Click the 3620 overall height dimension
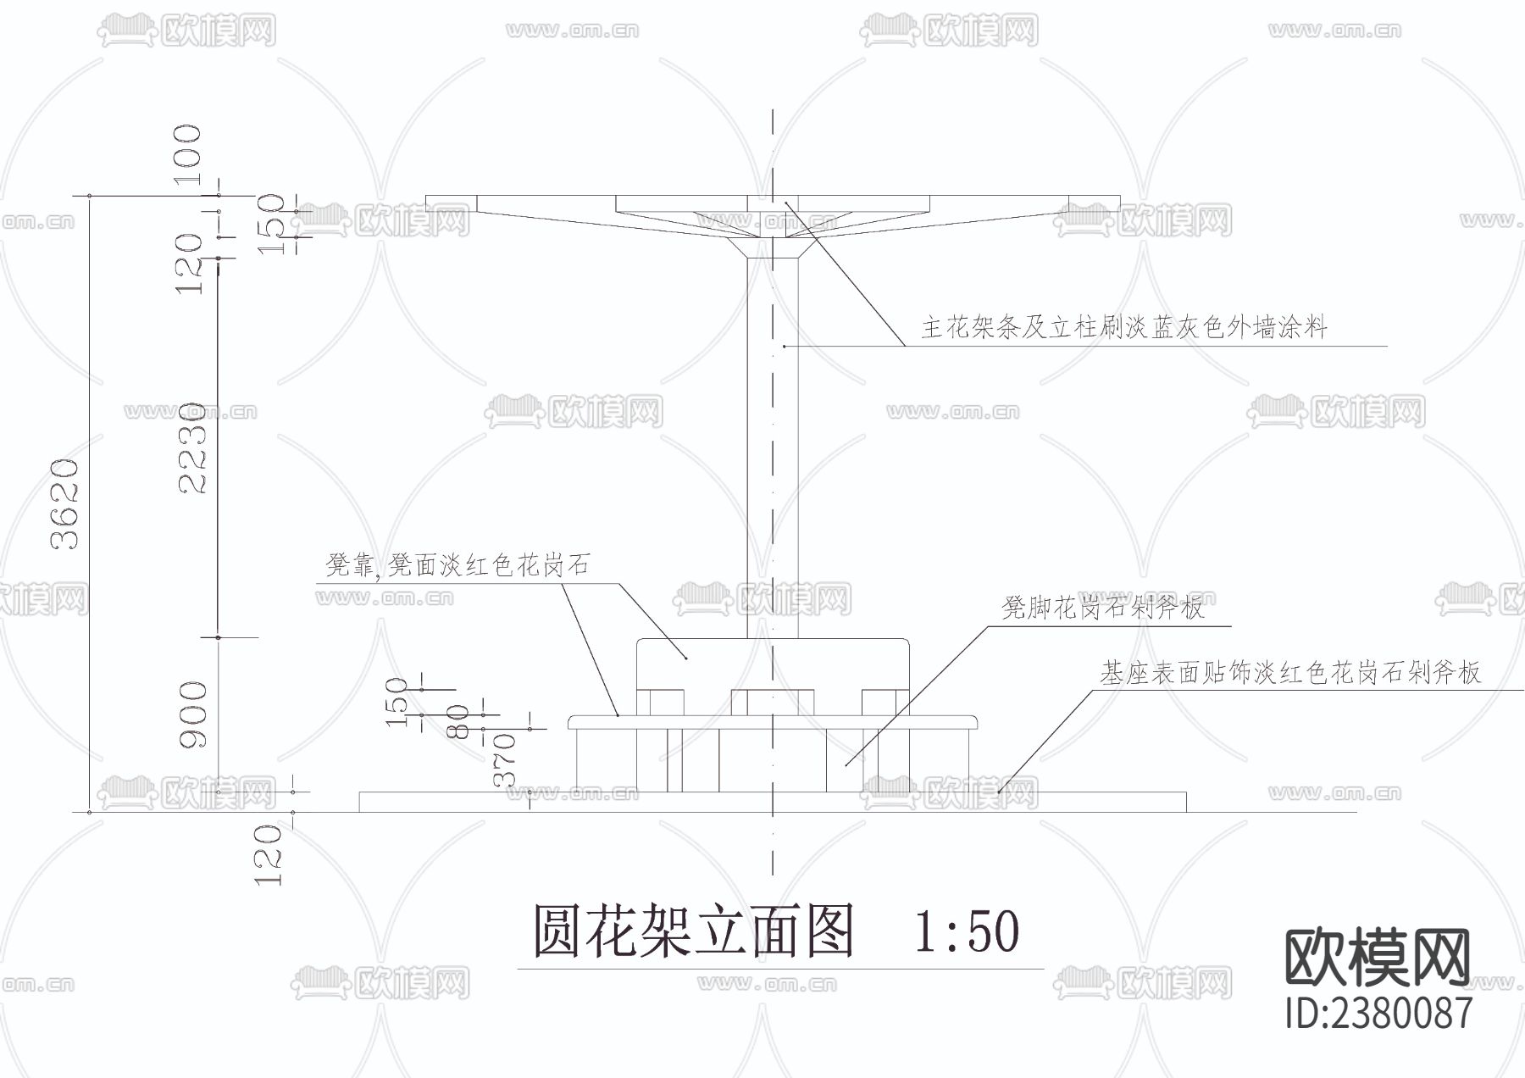point(65,503)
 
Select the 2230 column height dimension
point(191,448)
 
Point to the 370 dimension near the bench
point(504,760)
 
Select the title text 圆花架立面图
point(693,931)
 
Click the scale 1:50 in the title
point(966,931)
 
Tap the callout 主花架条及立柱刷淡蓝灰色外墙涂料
point(1123,326)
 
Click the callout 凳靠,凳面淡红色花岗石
point(457,565)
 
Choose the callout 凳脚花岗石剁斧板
point(1102,607)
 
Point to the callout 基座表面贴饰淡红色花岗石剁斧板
point(1289,672)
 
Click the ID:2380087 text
point(1378,1013)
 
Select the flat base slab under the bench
point(773,802)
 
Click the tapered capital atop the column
point(773,248)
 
